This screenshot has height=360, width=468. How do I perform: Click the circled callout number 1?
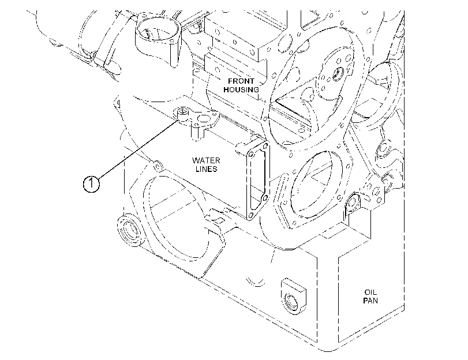click(91, 183)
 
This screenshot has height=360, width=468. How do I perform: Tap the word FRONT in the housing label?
click(241, 81)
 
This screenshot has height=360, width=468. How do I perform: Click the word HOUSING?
click(241, 89)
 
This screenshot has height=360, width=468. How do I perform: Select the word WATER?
click(206, 160)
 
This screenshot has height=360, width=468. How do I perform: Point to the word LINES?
click(206, 169)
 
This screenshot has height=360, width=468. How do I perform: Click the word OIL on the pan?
click(370, 292)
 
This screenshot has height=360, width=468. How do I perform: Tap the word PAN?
click(370, 301)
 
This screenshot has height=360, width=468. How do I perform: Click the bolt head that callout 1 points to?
click(182, 112)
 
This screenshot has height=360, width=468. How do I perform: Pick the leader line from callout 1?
click(138, 149)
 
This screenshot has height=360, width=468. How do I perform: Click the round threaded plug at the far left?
click(129, 230)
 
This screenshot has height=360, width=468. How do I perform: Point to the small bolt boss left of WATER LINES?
click(158, 166)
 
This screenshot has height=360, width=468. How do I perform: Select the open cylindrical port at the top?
click(158, 33)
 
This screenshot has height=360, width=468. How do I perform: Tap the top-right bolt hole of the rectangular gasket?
click(265, 146)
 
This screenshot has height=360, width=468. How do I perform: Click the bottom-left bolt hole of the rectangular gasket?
click(250, 215)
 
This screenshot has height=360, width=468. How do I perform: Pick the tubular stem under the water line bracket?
click(197, 133)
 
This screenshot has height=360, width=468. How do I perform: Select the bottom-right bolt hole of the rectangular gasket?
click(265, 198)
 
